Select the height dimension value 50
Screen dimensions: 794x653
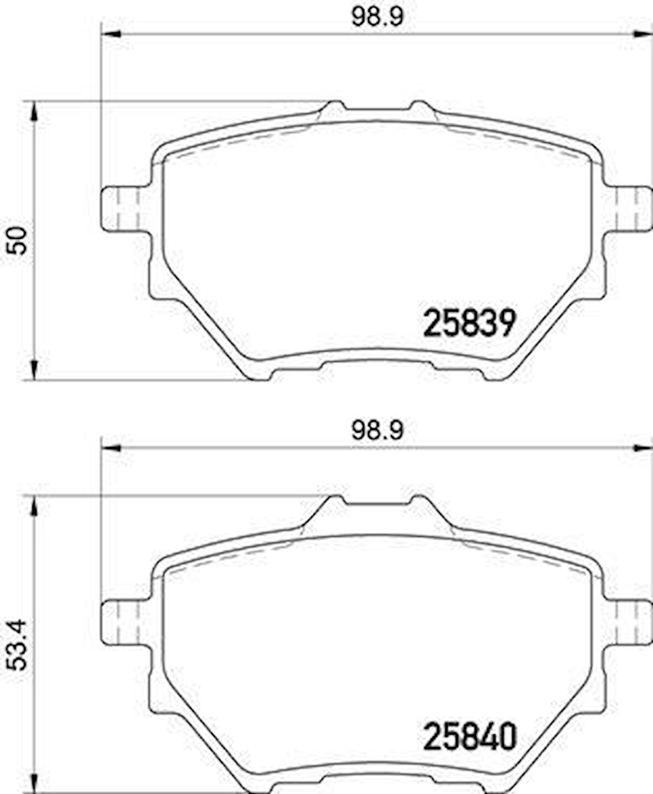pyautogui.click(x=19, y=240)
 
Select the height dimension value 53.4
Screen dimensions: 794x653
pyautogui.click(x=19, y=645)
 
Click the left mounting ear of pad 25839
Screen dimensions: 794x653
pyautogui.click(x=123, y=209)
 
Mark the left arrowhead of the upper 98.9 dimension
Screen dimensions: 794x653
pyautogui.click(x=111, y=35)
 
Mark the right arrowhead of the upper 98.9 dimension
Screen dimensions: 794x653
pyautogui.click(x=643, y=35)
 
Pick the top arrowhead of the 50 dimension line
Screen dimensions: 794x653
pyautogui.click(x=34, y=111)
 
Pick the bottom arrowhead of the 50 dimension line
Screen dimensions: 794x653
pyautogui.click(x=34, y=369)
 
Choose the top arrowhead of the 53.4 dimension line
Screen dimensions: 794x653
pyautogui.click(x=34, y=506)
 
